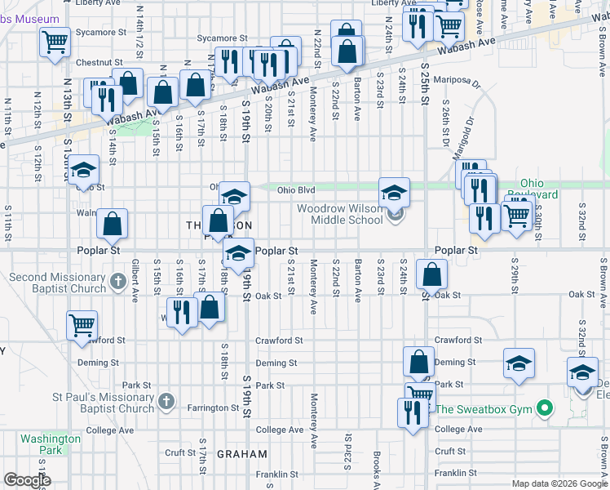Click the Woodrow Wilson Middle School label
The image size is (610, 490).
(339, 214)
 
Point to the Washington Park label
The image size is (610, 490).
(51, 444)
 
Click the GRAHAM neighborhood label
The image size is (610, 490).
(242, 454)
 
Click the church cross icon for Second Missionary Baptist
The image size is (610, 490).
(117, 283)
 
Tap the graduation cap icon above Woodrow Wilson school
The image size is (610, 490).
(394, 193)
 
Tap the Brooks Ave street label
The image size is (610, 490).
(376, 467)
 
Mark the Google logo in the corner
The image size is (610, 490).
(28, 480)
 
